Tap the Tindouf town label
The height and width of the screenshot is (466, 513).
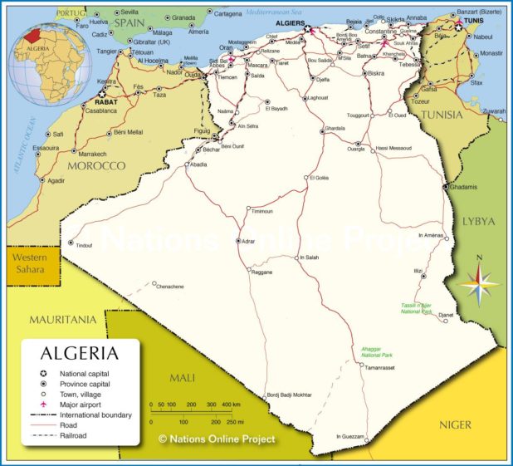84,245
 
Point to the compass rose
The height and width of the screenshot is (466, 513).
479,285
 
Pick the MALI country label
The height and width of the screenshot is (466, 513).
182,378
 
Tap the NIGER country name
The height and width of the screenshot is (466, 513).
455,425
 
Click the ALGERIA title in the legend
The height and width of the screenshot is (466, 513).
80,353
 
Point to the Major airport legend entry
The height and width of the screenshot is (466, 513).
81,404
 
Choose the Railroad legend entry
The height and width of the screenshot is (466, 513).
73,434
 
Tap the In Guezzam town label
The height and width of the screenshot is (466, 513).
349,436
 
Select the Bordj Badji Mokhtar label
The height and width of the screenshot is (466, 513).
289,395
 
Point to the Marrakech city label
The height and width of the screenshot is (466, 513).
91,154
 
